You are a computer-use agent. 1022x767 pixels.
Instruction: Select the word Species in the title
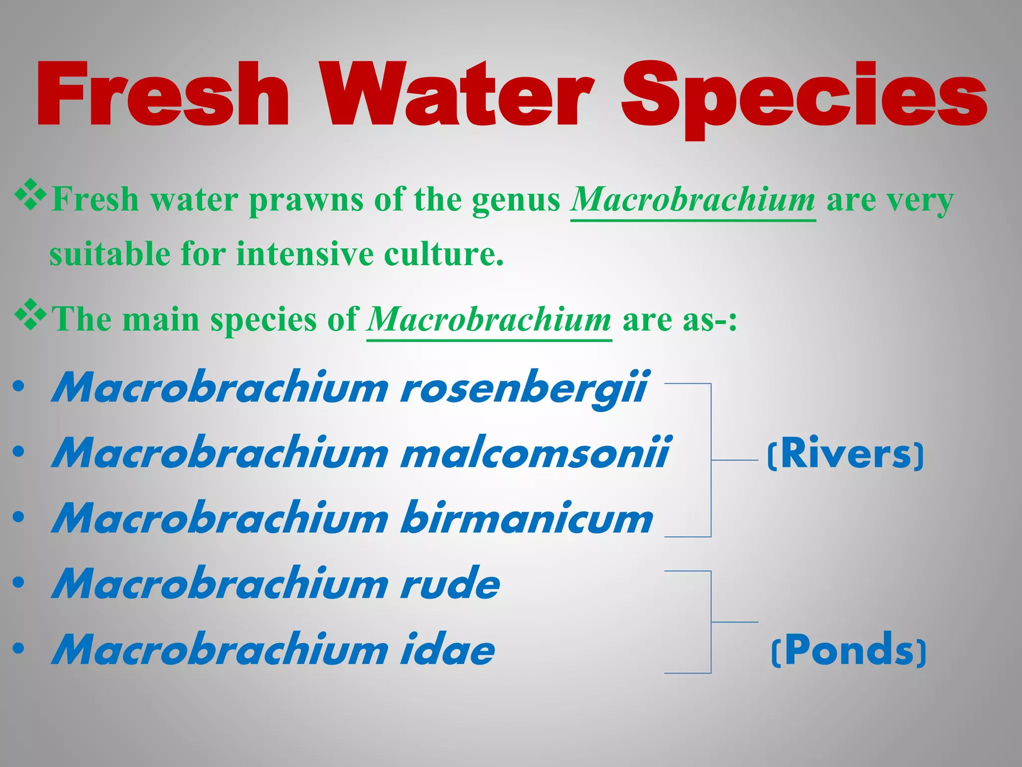pyautogui.click(x=803, y=97)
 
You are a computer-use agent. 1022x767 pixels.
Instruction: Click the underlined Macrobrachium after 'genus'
pyautogui.click(x=693, y=200)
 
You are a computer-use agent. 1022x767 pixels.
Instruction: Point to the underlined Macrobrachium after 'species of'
pyautogui.click(x=489, y=320)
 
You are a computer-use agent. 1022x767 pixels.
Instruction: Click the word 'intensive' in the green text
pyautogui.click(x=304, y=254)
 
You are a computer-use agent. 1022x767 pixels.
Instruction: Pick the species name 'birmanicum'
pyautogui.click(x=527, y=518)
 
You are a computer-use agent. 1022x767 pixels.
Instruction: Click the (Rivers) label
pyautogui.click(x=845, y=453)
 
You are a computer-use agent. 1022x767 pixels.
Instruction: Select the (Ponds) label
pyautogui.click(x=848, y=650)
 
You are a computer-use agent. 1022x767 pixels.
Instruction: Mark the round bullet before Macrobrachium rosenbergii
pyautogui.click(x=19, y=387)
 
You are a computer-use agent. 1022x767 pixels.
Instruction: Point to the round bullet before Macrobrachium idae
pyautogui.click(x=19, y=649)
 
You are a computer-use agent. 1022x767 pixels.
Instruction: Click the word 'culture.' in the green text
pyautogui.click(x=444, y=254)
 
